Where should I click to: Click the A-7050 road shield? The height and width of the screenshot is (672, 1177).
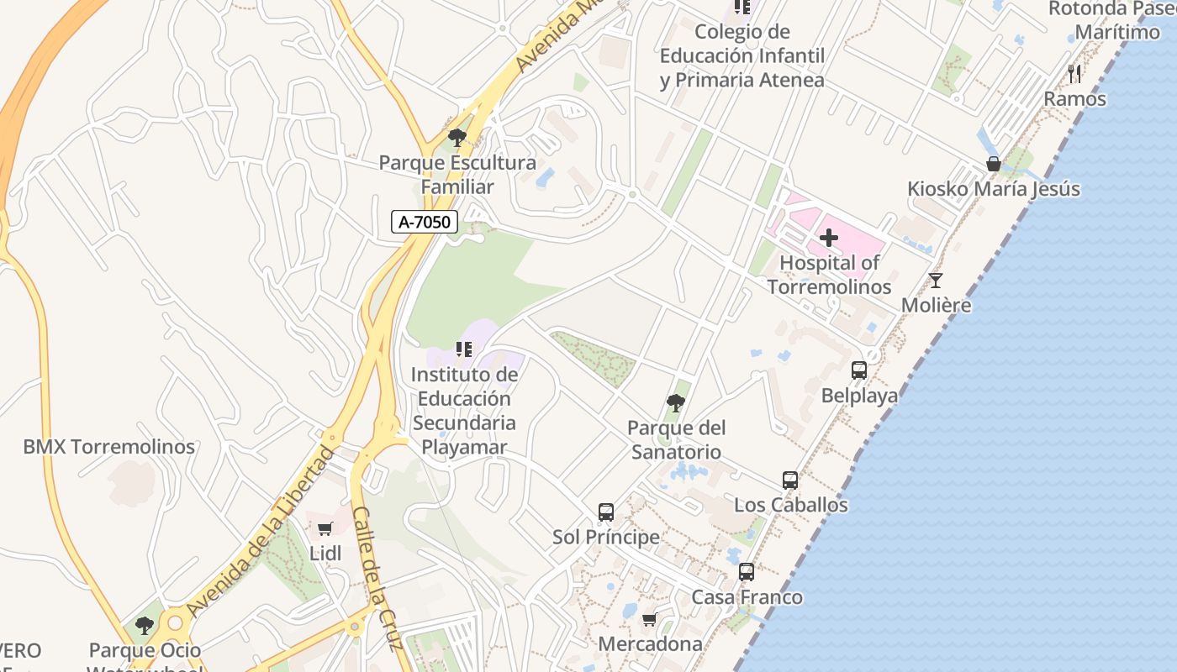click(x=425, y=223)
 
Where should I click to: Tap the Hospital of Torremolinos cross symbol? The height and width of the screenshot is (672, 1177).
click(x=829, y=238)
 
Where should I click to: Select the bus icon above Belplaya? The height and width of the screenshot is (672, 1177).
click(x=859, y=370)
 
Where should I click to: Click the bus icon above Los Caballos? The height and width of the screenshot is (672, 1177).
click(x=790, y=480)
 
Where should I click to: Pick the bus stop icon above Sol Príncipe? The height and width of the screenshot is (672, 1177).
click(x=606, y=512)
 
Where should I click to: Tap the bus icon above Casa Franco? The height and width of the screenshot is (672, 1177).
click(x=747, y=572)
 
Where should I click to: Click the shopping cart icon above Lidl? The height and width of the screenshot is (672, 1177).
click(x=325, y=528)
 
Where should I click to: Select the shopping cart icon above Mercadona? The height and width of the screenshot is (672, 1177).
click(x=649, y=620)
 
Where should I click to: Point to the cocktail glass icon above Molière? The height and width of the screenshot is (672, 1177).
click(x=936, y=280)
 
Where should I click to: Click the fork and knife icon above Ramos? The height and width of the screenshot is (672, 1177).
click(x=1074, y=73)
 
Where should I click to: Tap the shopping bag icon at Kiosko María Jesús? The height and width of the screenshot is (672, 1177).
click(x=994, y=164)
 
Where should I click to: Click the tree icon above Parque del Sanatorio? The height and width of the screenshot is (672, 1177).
click(x=675, y=403)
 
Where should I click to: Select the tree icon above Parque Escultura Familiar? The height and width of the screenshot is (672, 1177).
click(x=457, y=137)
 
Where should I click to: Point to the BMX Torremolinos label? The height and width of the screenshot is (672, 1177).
click(x=109, y=447)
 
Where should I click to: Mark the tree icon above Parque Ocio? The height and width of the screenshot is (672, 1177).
click(x=145, y=625)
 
